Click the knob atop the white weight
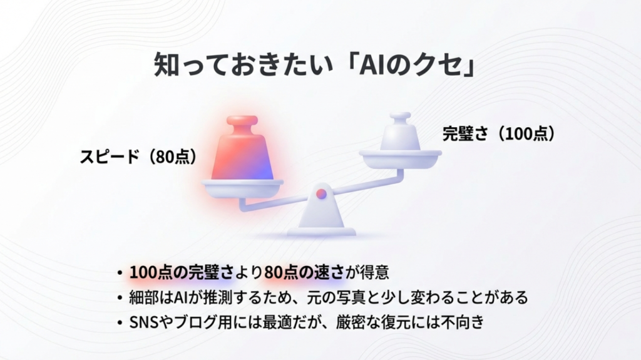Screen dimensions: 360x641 [400, 117]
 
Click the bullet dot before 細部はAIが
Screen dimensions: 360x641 [120, 298]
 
